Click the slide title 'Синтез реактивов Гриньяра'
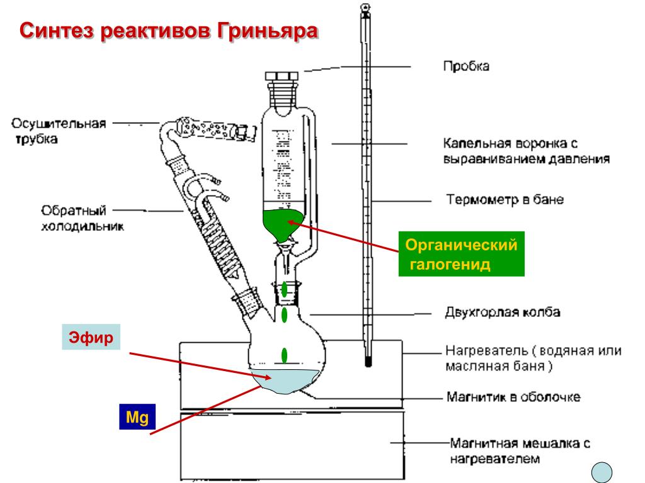click(168, 31)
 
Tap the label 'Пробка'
click(465, 65)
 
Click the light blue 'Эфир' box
click(92, 338)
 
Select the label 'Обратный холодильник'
click(81, 217)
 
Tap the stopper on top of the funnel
click(283, 79)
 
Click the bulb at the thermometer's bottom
click(367, 362)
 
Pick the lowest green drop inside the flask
click(285, 355)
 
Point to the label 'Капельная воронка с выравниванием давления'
click(525, 151)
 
